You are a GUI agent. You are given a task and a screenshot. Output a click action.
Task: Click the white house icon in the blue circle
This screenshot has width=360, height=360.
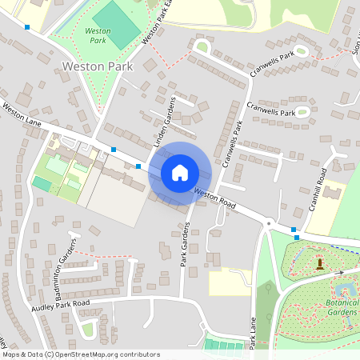click(180, 173)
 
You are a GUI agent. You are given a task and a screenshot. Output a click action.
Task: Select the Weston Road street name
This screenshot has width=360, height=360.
click(216, 199)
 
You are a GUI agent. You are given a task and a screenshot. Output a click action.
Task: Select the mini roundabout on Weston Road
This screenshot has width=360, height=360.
click(269, 225)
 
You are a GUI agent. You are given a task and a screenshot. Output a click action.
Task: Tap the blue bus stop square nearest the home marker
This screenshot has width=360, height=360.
click(138, 166)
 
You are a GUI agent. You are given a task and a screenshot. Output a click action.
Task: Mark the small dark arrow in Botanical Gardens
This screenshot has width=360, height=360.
click(338, 273)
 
